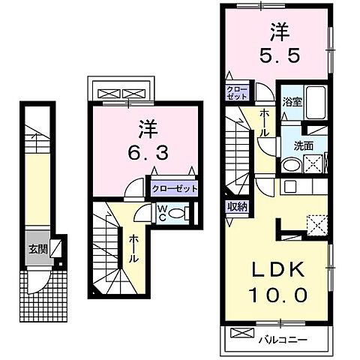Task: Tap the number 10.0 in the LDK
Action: [x=275, y=295]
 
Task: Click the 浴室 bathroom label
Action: [x=292, y=103]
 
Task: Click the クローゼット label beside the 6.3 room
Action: [x=174, y=189]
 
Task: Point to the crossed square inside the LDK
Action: [x=316, y=222]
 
